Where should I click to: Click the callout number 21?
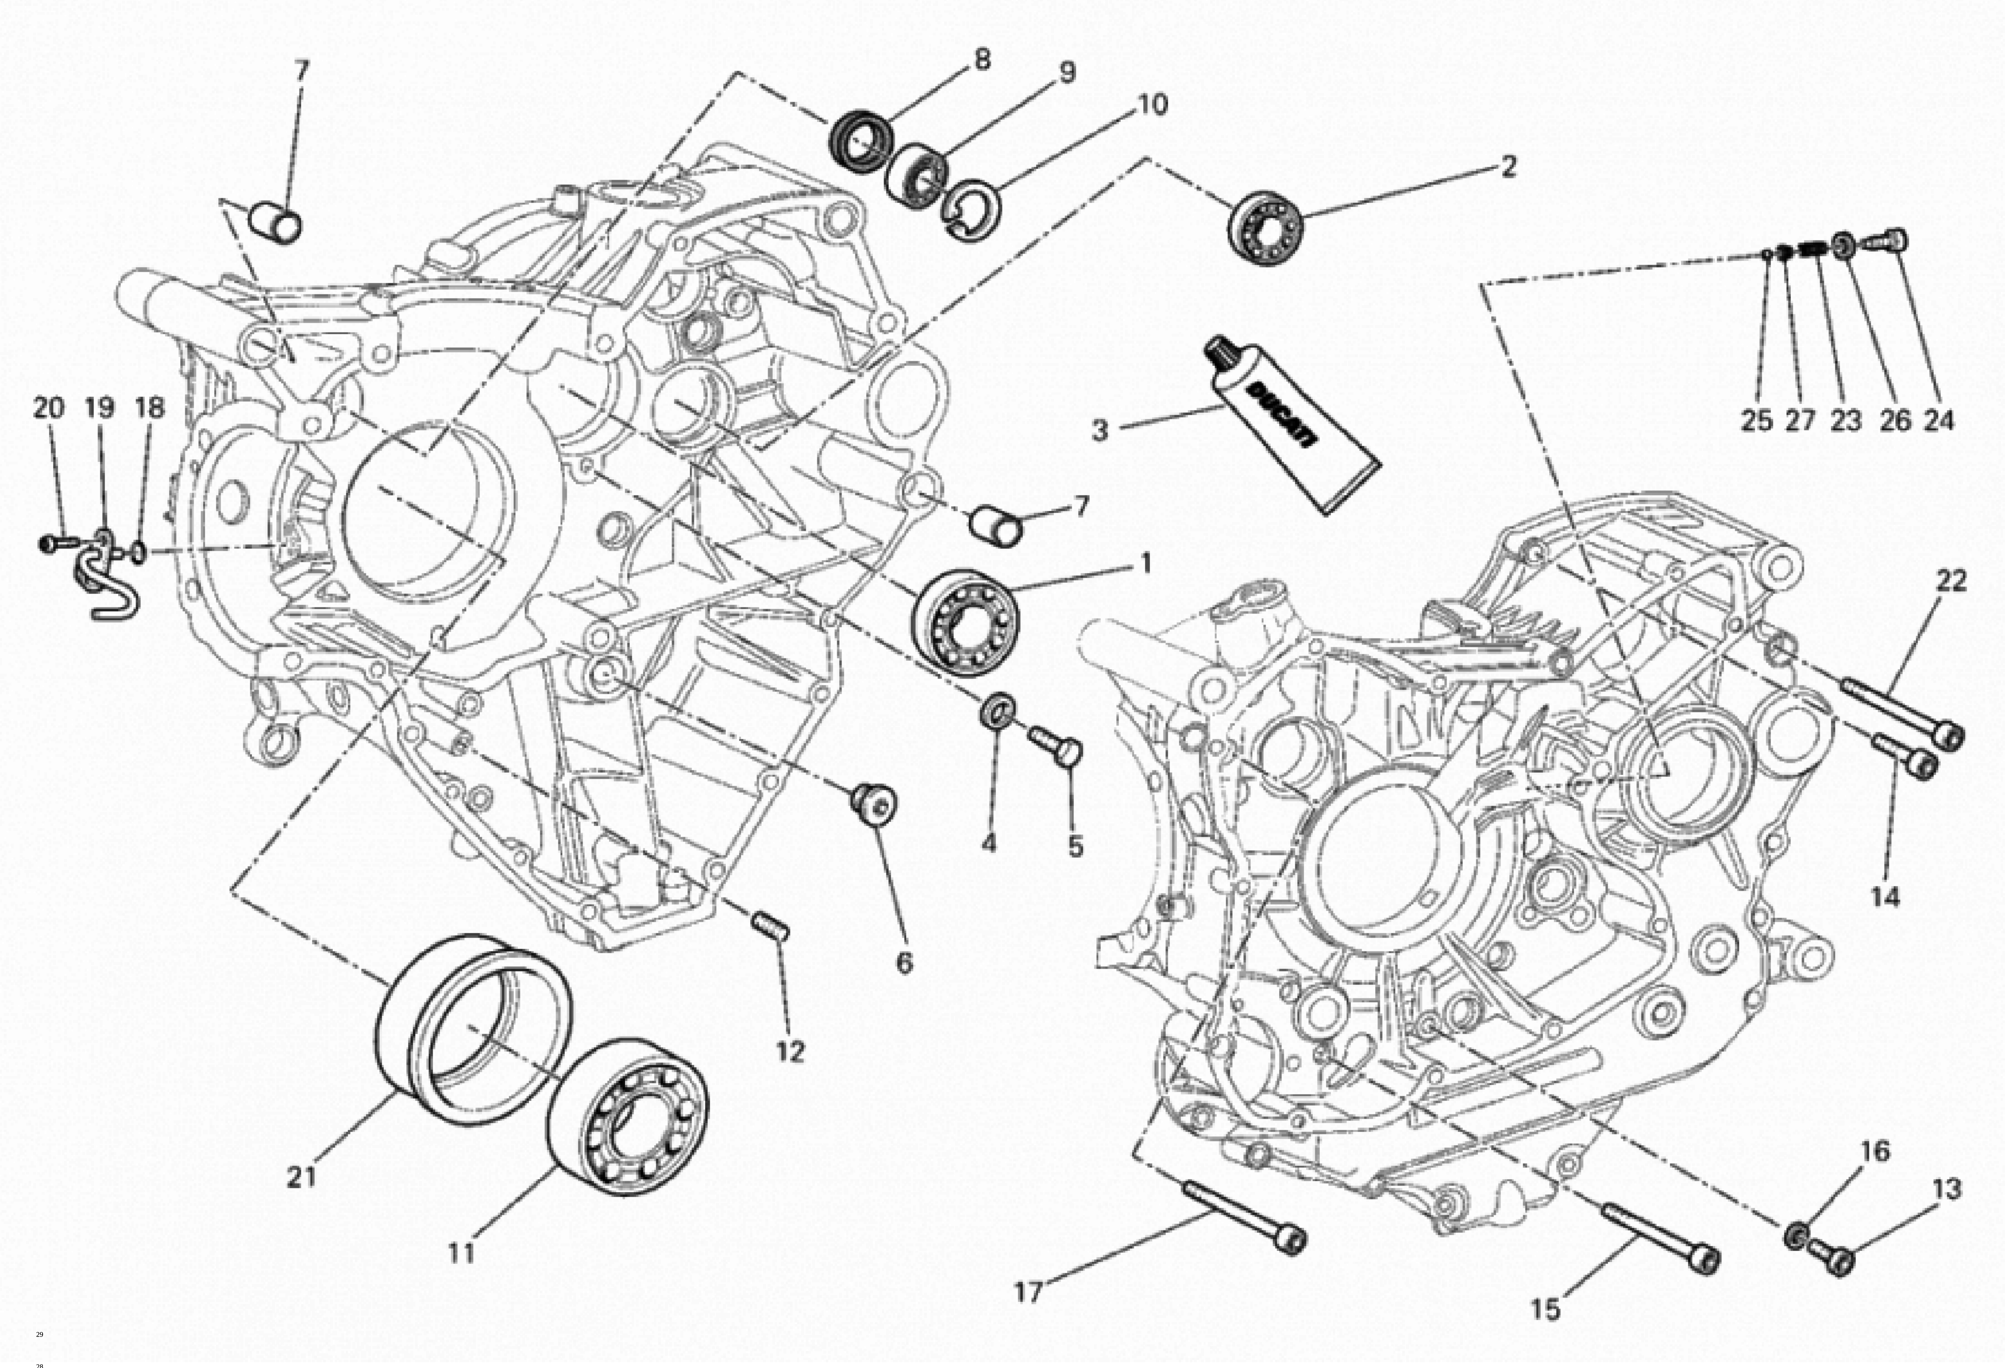(x=301, y=1176)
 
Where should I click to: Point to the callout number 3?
(x=1099, y=429)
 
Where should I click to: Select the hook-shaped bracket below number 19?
(x=112, y=587)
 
